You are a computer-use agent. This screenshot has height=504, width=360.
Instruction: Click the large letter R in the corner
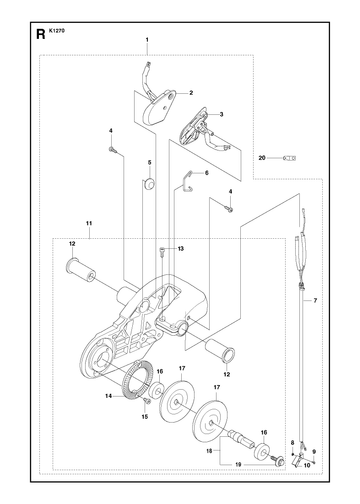tap(40, 34)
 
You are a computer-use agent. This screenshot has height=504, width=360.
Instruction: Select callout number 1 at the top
tap(147, 40)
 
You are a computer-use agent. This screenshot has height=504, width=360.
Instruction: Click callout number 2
tap(191, 93)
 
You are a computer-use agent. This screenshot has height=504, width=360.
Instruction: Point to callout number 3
tap(221, 114)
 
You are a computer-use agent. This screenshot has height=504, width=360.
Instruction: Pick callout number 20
tap(262, 158)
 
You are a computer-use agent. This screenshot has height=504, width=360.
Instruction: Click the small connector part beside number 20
tap(289, 158)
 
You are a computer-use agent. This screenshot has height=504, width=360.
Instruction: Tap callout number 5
tap(149, 162)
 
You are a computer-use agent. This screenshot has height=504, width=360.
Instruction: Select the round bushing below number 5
tap(149, 184)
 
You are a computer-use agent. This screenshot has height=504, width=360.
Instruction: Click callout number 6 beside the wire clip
tap(207, 173)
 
